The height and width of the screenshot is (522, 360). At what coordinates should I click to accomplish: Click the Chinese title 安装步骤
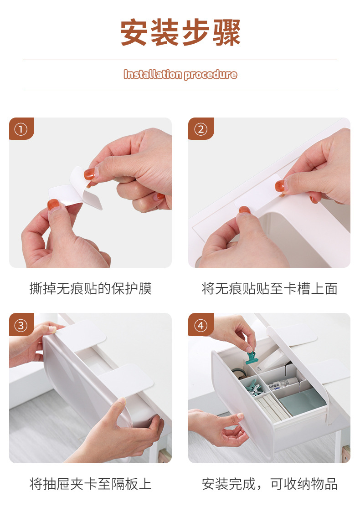click(180, 32)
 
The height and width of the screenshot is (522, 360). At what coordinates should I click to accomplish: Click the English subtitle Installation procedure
click(180, 74)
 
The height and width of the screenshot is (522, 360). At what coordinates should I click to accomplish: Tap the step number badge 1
click(21, 129)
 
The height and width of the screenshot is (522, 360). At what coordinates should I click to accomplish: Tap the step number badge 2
click(201, 129)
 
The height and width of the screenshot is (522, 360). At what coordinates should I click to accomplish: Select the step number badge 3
click(21, 325)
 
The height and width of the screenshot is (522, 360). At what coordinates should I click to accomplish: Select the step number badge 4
click(201, 325)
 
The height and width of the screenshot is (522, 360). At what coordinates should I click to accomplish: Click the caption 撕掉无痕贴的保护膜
click(91, 288)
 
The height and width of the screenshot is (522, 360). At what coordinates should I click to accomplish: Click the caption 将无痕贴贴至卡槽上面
click(270, 288)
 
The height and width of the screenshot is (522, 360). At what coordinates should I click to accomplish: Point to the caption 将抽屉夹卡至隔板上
click(91, 484)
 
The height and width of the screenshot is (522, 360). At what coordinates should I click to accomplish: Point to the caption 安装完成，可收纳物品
click(270, 484)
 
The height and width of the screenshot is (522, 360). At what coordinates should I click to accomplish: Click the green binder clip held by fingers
click(251, 357)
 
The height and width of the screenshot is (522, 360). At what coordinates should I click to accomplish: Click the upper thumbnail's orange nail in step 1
click(89, 174)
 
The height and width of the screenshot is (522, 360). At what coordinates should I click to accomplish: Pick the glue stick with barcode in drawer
click(283, 384)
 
